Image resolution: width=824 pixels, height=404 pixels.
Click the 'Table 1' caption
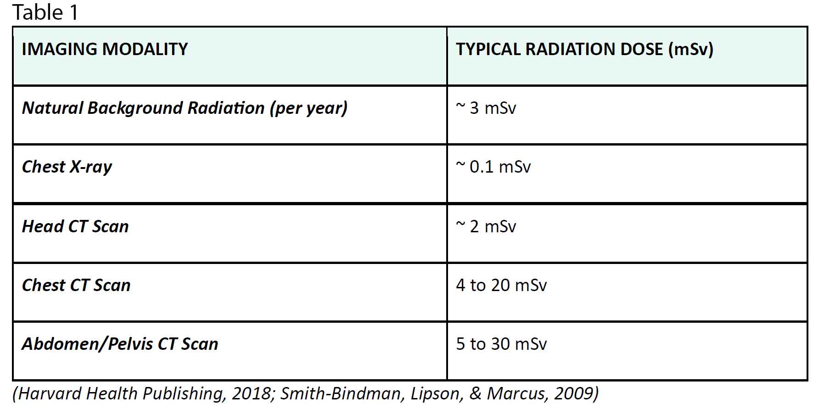[45, 12]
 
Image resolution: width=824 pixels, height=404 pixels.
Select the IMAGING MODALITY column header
[105, 49]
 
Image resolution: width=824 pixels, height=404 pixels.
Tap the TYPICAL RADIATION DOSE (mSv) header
[584, 49]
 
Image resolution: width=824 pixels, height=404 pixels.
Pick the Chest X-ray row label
[67, 167]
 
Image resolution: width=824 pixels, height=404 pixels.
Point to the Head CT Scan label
[75, 226]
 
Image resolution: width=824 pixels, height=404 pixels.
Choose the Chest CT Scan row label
[76, 285]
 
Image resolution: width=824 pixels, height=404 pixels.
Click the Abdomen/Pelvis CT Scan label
[120, 344]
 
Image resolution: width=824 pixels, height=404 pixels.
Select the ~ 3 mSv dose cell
[486, 108]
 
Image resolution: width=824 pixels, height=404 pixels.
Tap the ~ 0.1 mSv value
[493, 167]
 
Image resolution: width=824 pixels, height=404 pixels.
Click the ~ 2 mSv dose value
[486, 226]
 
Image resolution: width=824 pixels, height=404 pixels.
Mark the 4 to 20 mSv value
[501, 285]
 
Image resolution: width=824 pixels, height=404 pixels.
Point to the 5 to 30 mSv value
[501, 344]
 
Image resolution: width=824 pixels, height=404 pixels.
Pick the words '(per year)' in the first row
[308, 108]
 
